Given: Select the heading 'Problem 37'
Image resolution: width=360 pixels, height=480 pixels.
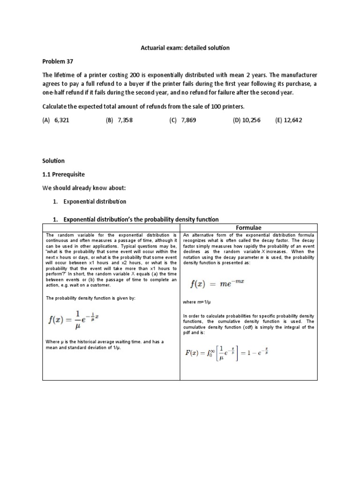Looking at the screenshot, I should pyautogui.click(x=58, y=61).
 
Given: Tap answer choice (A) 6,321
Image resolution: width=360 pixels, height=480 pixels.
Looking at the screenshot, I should pyautogui.click(x=56, y=120).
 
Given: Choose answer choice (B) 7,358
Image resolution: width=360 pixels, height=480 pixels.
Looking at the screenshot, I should pyautogui.click(x=120, y=120).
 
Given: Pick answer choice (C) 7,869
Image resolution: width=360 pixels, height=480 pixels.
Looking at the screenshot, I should pyautogui.click(x=183, y=120).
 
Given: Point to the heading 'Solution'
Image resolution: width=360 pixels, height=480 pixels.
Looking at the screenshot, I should pyautogui.click(x=54, y=161).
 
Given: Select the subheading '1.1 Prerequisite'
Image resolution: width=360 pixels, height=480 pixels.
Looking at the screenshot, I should pyautogui.click(x=64, y=174).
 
